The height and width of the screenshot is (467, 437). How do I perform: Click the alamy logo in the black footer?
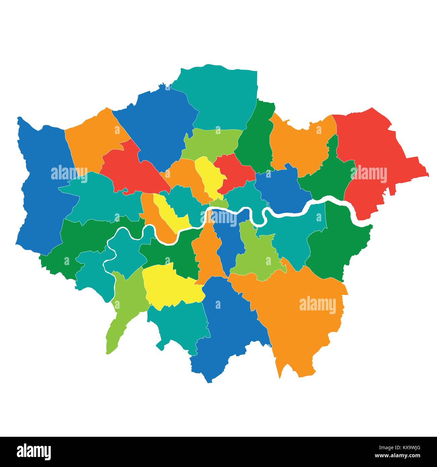pos(34,452)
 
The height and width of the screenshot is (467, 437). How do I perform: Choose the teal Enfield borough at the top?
pos(222,97)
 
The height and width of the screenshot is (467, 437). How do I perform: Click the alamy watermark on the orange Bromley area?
pos(317,305)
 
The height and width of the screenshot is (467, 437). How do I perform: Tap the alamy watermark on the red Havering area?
pos(368,174)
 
